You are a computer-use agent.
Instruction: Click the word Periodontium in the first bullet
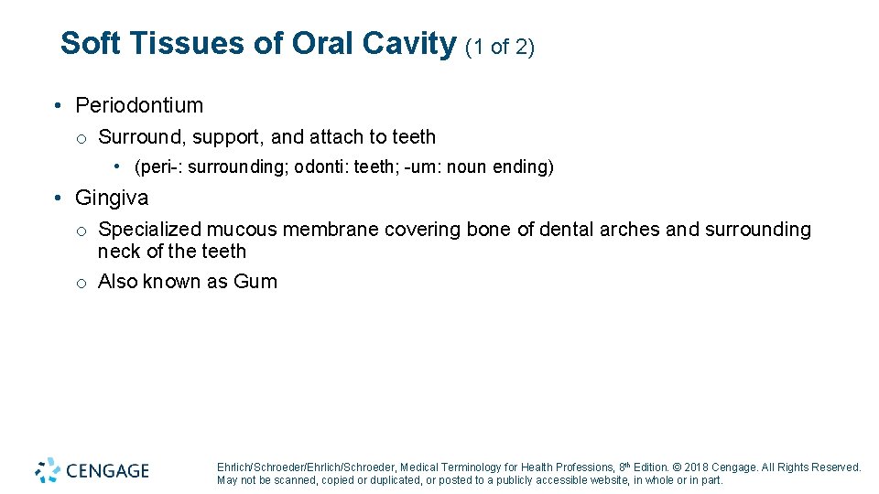pyautogui.click(x=139, y=106)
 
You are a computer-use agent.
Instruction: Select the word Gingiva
pyautogui.click(x=112, y=198)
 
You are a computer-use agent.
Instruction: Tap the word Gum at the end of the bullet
pyautogui.click(x=255, y=282)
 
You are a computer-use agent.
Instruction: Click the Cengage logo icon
pyautogui.click(x=48, y=470)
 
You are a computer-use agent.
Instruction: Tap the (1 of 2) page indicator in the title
pyautogui.click(x=500, y=47)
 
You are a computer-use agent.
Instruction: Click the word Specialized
pyautogui.click(x=149, y=230)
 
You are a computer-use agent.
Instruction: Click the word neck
pyautogui.click(x=117, y=252)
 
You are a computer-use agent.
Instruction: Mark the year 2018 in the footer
pyautogui.click(x=697, y=467)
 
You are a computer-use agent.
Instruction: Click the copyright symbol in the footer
pyautogui.click(x=677, y=467)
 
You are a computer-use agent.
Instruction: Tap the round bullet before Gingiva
pyautogui.click(x=58, y=199)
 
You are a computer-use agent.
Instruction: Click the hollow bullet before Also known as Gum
pyautogui.click(x=81, y=283)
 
